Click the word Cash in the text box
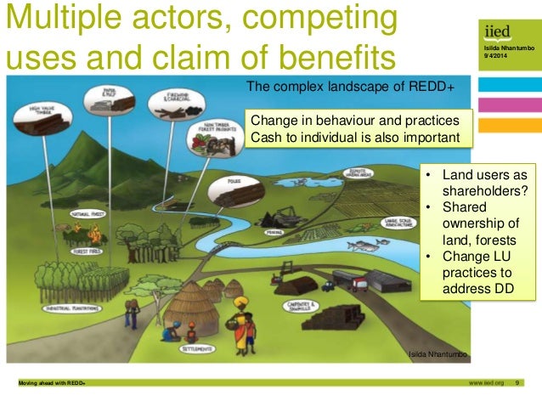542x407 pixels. tap(264, 138)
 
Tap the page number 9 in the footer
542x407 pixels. tap(518, 383)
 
